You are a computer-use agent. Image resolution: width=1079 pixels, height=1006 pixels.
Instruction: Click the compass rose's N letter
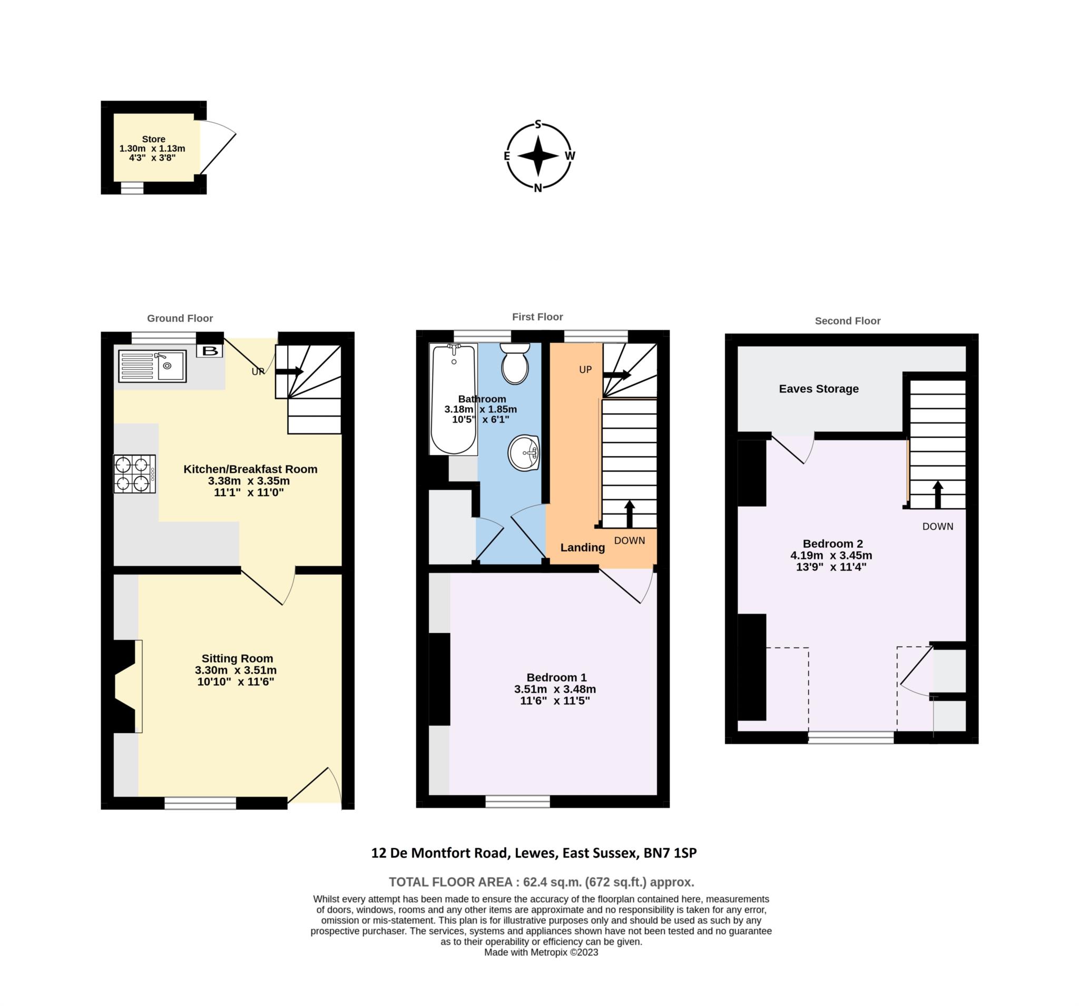coord(538,188)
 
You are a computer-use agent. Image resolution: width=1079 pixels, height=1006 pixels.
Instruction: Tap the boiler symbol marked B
coord(210,351)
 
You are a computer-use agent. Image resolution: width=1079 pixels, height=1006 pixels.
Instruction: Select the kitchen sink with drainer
coord(152,366)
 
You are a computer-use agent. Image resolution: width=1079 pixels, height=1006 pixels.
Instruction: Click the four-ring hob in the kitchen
coord(134,474)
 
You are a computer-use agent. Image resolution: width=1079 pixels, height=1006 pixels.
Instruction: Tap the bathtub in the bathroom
coord(454,399)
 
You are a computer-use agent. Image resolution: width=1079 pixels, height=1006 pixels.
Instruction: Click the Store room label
coord(154,139)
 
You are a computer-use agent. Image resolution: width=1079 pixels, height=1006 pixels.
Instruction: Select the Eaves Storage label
coord(819,389)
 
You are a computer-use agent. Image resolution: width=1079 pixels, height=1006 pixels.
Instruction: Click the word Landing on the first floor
coord(582,547)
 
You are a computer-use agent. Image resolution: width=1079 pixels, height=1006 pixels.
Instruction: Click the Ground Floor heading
coord(180,319)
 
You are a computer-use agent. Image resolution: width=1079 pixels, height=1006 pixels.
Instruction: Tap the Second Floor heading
coord(847,321)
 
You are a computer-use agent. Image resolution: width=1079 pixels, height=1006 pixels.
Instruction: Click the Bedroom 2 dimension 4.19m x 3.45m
coord(831,555)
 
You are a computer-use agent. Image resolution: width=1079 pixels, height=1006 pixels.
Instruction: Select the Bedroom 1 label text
coord(556,677)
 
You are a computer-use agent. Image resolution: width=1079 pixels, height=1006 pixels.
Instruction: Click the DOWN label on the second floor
coord(937,526)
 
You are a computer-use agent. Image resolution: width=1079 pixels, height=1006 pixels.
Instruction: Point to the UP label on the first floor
coord(585,370)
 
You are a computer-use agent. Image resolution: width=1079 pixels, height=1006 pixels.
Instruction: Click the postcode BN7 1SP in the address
coord(670,852)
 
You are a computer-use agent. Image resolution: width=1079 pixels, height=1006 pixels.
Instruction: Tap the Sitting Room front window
coord(200,803)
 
